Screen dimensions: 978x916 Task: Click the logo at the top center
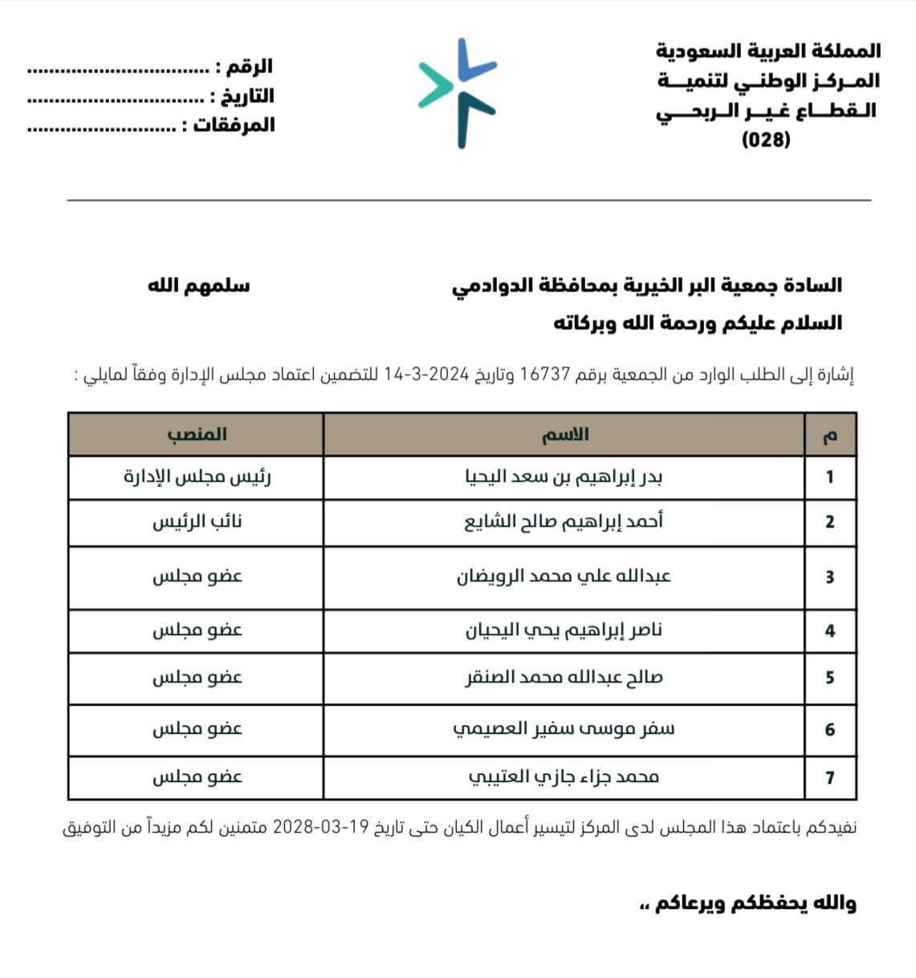coord(458,92)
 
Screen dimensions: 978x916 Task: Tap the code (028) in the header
coord(766,140)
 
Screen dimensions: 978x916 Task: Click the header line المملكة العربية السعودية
coord(768,51)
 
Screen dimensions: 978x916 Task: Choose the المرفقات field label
coord(234,124)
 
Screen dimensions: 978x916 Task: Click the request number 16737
coord(545,374)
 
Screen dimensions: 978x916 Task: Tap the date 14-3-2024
coord(426,374)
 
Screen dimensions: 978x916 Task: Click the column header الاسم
coord(564,435)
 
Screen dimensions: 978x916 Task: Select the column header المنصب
coord(197,434)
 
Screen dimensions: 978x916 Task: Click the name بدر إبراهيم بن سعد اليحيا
coord(564,477)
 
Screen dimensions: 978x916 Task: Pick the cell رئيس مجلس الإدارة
coord(197,477)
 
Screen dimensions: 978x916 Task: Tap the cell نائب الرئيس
coord(197,522)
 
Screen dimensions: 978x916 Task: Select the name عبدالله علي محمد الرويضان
coord(564,577)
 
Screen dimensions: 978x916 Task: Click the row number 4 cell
coord(830,631)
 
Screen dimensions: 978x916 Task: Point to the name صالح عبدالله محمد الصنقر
coord(564,678)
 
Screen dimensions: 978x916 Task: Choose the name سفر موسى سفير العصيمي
coord(564,729)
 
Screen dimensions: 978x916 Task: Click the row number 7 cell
coord(830,777)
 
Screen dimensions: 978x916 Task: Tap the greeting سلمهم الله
coord(198,286)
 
